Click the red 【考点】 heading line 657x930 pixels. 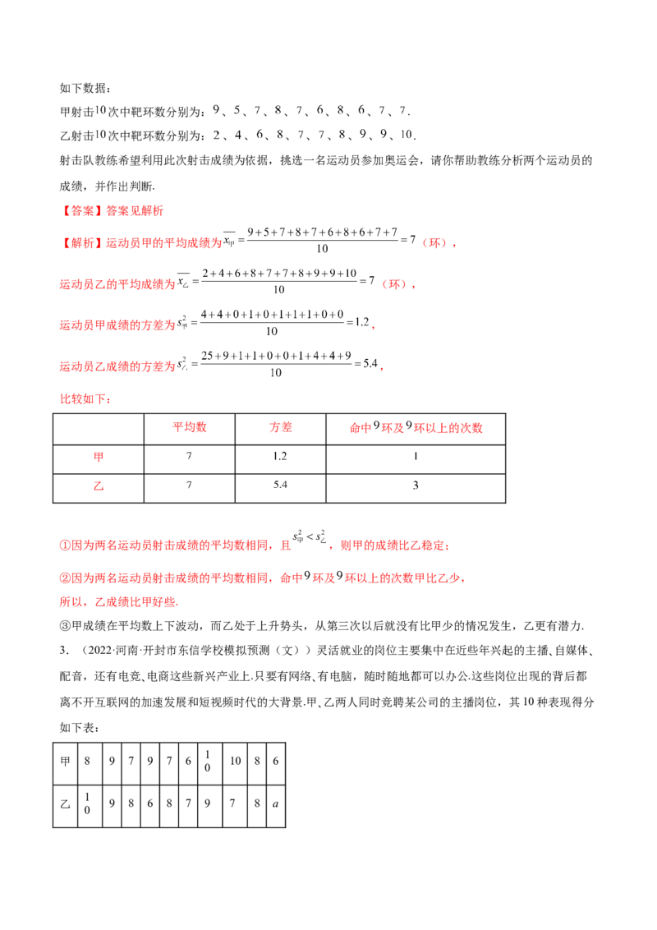coord(113,211)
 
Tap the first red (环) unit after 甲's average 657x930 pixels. coord(437,243)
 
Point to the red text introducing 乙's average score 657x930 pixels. coord(117,285)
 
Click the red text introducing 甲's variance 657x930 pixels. coord(117,325)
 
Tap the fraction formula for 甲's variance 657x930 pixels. coord(275,322)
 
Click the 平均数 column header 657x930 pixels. coord(190,427)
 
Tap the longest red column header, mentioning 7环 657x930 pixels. coord(416,427)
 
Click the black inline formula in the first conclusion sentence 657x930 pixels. coord(311,541)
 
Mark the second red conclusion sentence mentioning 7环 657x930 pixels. coord(263,579)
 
